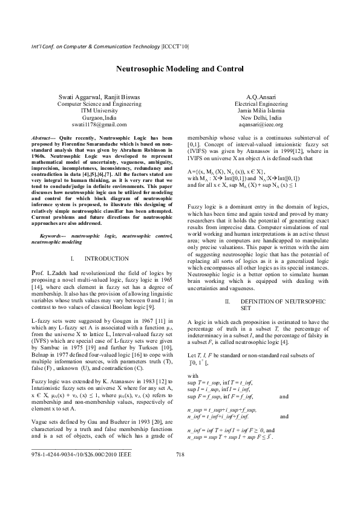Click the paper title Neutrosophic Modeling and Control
pos(180,70)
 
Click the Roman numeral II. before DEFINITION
pos(228,300)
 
